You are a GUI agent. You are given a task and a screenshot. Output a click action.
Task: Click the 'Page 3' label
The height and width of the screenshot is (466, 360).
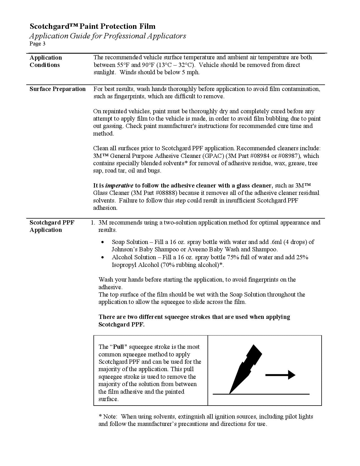tap(38, 43)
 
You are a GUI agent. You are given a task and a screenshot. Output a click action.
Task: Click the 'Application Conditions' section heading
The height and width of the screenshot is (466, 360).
tap(45, 61)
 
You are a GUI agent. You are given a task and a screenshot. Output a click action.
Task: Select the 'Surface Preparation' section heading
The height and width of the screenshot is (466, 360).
tap(58, 89)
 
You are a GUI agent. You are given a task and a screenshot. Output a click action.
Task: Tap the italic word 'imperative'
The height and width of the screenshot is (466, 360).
tap(119, 186)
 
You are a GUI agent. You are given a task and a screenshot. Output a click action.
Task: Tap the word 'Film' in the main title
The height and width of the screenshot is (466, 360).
tap(147, 26)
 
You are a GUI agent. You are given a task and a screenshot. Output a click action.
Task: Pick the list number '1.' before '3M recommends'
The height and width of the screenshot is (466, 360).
tap(93, 223)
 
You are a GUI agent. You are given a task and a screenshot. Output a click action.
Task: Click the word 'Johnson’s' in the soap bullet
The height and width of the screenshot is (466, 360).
tap(125, 249)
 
